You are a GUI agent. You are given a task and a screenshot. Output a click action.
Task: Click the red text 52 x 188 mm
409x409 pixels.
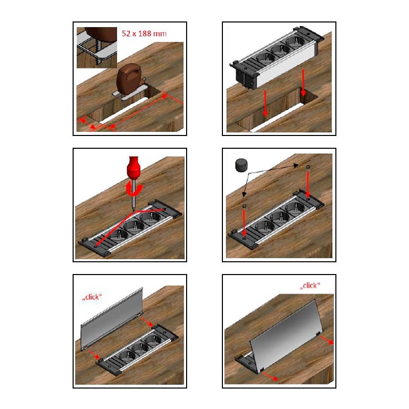click(144, 34)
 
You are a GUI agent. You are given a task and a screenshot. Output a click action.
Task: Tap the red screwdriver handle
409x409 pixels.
click(134, 167)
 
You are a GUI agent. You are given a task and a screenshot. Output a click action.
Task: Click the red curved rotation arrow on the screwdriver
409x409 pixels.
click(134, 189)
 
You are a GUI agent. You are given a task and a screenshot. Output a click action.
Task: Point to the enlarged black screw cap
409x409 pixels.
click(241, 165)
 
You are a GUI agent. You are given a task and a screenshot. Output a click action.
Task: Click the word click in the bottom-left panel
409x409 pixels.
click(92, 297)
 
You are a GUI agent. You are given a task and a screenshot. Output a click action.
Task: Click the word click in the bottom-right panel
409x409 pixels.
click(310, 285)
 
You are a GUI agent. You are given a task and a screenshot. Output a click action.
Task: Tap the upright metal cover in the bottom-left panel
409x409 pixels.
click(112, 318)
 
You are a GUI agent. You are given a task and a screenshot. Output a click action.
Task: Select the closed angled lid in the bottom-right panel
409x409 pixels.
click(286, 335)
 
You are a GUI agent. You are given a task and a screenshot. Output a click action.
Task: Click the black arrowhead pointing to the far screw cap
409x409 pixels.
click(296, 165)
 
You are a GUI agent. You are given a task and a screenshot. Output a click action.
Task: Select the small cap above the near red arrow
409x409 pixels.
click(244, 206)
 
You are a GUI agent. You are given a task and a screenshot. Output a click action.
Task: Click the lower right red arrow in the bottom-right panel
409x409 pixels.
click(270, 376)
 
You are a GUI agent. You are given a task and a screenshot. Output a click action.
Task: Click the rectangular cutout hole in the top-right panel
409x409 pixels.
click(277, 109)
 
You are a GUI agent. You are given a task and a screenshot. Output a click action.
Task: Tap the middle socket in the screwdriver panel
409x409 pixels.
click(134, 225)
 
